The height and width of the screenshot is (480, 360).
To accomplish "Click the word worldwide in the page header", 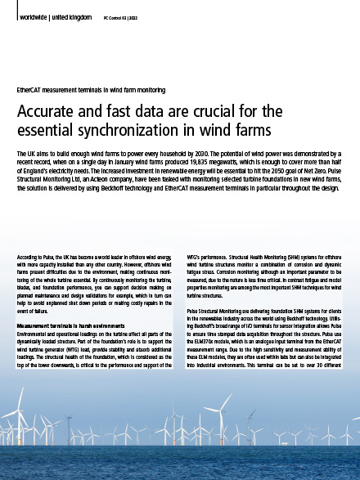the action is [x=32, y=16].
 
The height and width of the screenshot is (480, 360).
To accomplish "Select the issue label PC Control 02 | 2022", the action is [x=121, y=16].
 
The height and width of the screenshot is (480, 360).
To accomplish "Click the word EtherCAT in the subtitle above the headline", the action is [x=30, y=87].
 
